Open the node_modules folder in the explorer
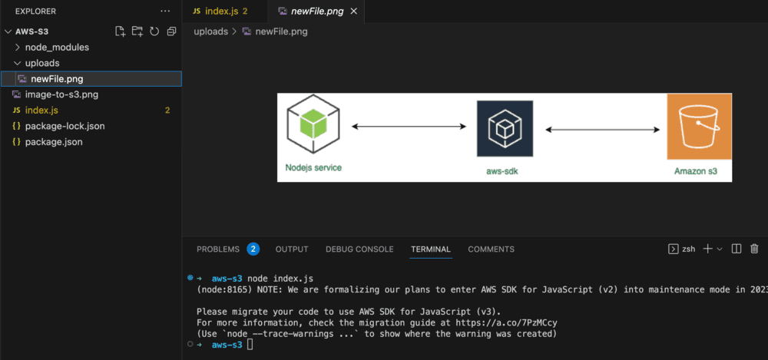tap(57, 48)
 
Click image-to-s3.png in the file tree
tap(61, 94)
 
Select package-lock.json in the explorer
tap(65, 126)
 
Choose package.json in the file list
tap(54, 142)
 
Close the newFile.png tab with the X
tap(354, 12)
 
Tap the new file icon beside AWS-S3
tap(120, 31)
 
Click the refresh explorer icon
tap(154, 31)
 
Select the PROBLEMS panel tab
tap(218, 249)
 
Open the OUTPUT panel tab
tap(292, 249)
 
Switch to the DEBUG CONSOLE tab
tap(359, 249)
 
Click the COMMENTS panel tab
tap(492, 249)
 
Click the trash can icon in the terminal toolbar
tap(754, 249)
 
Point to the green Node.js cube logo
tap(313, 124)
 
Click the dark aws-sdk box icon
tap(505, 129)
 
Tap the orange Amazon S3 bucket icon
tap(699, 127)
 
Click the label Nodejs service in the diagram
tap(313, 167)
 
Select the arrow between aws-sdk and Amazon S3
tap(602, 130)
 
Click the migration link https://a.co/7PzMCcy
tap(506, 322)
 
